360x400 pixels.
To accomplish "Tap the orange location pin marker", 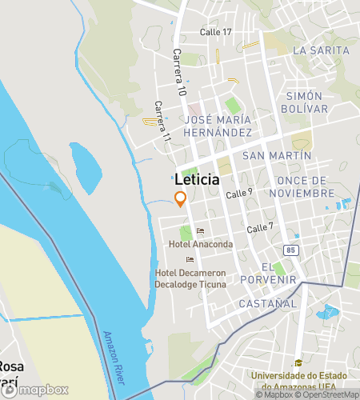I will tap(181, 199).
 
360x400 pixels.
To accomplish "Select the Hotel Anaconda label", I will tap(201, 244).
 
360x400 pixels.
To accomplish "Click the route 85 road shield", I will tap(290, 250).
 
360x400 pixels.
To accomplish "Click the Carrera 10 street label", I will tap(178, 74).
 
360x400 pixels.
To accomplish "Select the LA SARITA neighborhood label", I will tap(322, 50).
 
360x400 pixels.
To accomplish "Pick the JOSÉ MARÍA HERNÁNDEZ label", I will tap(218, 126).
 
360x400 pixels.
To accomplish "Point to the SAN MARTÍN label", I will tap(277, 155).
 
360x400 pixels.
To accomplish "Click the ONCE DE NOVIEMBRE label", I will tap(301, 187).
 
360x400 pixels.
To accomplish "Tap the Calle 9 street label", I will tap(239, 193).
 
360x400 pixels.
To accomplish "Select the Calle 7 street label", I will tap(260, 228).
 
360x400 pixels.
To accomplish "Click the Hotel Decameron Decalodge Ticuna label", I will tap(198, 279).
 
